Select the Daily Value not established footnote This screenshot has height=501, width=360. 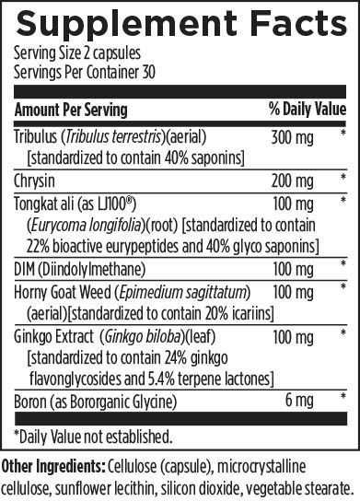[92, 434]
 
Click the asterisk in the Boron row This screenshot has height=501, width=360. [343, 398]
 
